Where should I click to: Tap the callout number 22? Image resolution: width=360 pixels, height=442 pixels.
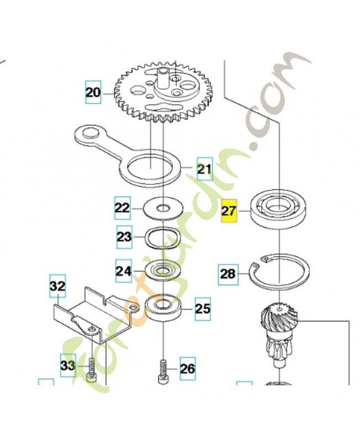tap(123, 208)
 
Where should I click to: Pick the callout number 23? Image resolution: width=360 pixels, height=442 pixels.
tap(125, 237)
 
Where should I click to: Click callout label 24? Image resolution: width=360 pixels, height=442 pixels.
tap(124, 271)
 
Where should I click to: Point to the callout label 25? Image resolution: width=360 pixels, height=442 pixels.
tap(203, 308)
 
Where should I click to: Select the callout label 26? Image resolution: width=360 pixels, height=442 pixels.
tap(187, 367)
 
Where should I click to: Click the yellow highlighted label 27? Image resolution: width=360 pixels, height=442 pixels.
tap(229, 211)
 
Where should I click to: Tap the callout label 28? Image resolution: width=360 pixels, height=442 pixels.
tap(228, 273)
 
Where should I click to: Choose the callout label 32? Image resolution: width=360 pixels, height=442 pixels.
tap(58, 286)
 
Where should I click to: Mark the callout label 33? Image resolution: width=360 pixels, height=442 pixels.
tap(68, 365)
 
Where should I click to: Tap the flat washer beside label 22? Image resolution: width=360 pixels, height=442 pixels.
tap(164, 208)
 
